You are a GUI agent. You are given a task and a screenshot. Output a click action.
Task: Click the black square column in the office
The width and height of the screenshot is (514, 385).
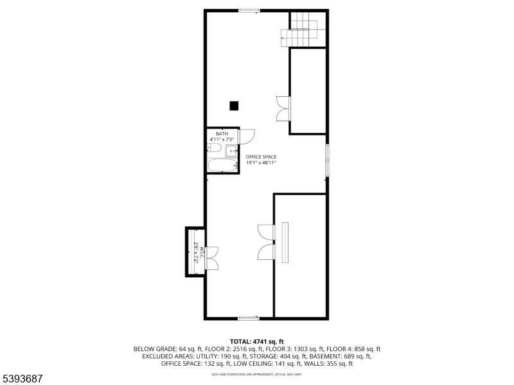[235, 106]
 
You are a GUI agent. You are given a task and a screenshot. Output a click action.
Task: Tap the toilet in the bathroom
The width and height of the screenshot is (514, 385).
[215, 149]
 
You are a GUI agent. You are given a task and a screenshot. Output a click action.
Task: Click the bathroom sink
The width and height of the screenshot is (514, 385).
[231, 151]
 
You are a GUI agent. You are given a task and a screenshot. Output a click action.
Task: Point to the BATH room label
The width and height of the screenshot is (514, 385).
[221, 133]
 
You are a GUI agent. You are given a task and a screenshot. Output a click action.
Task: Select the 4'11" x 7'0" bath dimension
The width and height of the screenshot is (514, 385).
[221, 139]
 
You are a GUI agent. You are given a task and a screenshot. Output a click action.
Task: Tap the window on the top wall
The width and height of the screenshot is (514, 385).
[249, 11]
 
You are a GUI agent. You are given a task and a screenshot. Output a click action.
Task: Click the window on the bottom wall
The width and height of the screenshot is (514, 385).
[247, 318]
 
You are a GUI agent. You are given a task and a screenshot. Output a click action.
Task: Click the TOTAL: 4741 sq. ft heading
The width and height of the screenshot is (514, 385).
[256, 341]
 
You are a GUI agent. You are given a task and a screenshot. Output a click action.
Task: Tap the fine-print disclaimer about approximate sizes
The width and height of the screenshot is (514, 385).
[256, 373]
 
